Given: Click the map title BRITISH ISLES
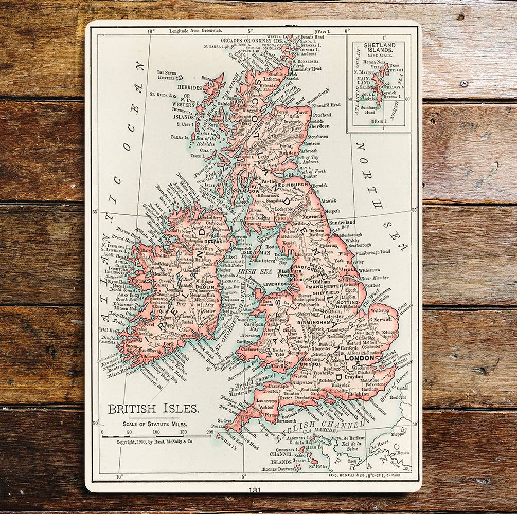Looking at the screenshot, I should (153, 409).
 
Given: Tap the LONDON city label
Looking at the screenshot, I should (360, 357).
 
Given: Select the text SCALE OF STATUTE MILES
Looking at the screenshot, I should (154, 425).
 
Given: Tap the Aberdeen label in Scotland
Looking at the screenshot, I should (319, 126).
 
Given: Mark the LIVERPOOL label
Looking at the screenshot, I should (276, 284).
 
